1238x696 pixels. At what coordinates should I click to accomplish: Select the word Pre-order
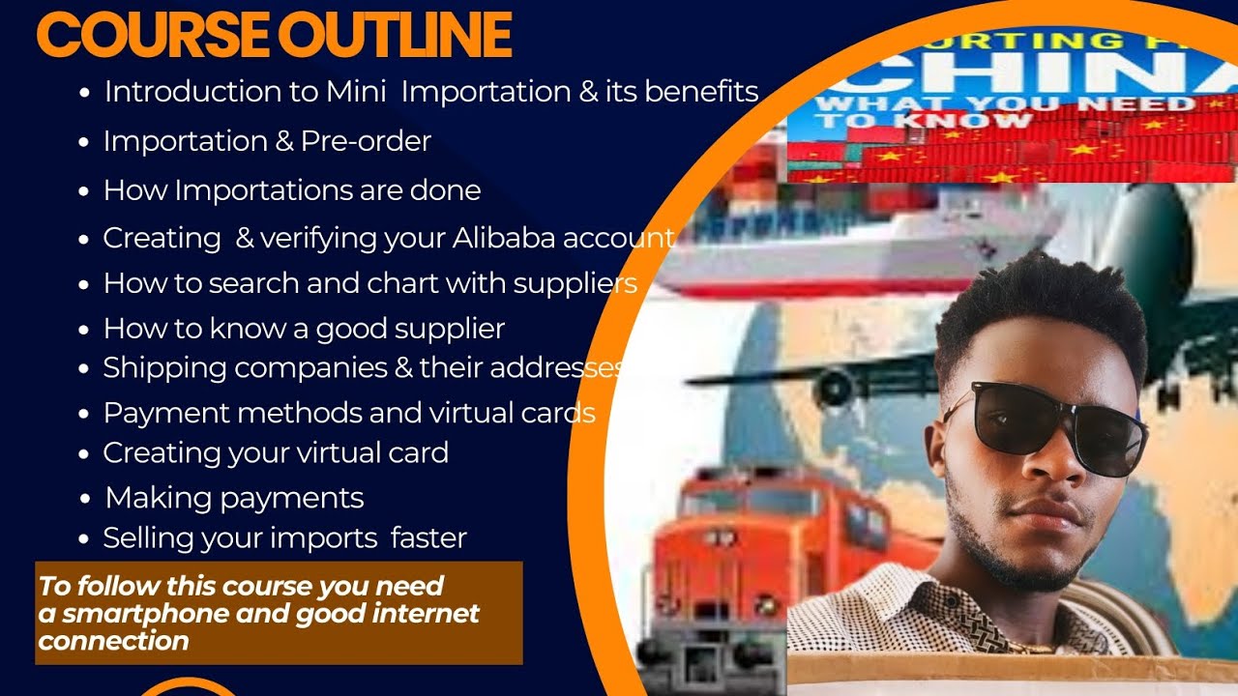pyautogui.click(x=366, y=141)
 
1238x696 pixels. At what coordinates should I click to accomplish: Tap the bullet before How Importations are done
pyautogui.click(x=85, y=191)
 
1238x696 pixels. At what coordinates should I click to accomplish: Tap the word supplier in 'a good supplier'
pyautogui.click(x=451, y=330)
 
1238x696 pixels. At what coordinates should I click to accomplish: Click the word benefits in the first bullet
pyautogui.click(x=695, y=92)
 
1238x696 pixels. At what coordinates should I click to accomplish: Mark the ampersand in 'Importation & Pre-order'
pyautogui.click(x=283, y=142)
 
